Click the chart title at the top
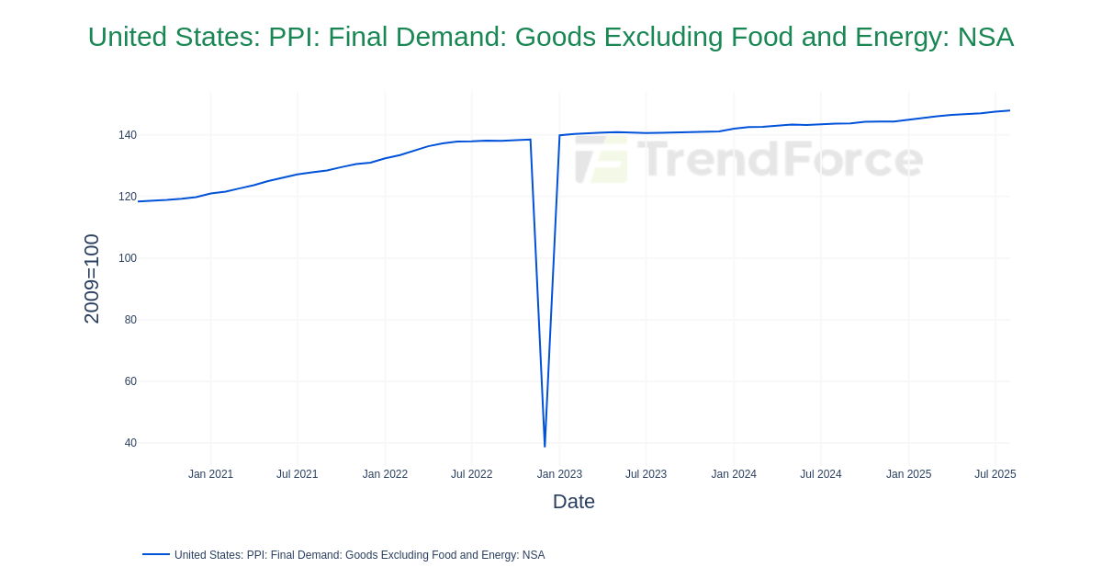[551, 37]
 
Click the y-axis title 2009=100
[92, 278]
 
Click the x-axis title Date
[573, 502]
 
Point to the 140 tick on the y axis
[127, 135]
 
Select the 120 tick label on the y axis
[127, 197]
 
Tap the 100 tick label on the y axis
[127, 258]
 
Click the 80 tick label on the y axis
[130, 320]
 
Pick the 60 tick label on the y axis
[130, 381]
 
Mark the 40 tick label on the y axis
[130, 443]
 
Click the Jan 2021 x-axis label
[210, 474]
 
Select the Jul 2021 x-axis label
[297, 474]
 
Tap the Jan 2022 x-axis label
[385, 474]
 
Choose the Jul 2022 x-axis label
[471, 474]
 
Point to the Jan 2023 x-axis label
[559, 474]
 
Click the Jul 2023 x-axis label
[646, 474]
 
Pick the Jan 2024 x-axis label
[734, 474]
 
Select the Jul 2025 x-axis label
[995, 474]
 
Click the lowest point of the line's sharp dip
[545, 447]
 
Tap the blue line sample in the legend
[156, 554]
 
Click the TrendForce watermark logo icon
[602, 160]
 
